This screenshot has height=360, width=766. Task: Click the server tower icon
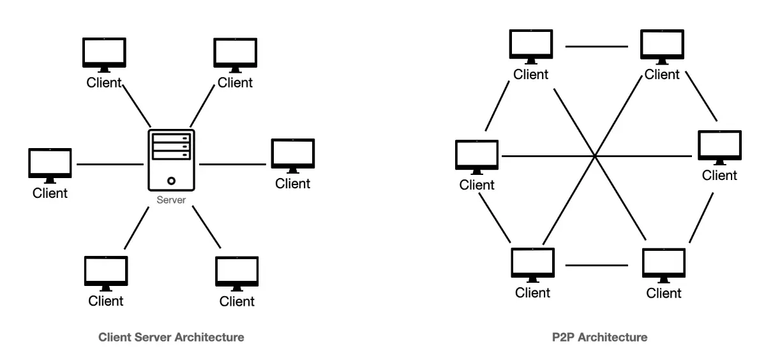(x=171, y=160)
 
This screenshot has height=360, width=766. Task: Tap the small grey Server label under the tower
(x=171, y=200)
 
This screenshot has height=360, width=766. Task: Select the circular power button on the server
(x=171, y=181)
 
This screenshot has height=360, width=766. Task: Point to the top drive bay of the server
(x=171, y=138)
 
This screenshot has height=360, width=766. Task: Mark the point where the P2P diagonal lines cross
(x=594, y=155)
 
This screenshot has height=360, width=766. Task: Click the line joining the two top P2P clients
(x=597, y=47)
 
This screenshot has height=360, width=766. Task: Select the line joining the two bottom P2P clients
(x=597, y=265)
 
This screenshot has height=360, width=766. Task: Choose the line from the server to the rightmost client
(x=233, y=164)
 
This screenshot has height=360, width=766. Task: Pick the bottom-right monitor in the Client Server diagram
(x=237, y=273)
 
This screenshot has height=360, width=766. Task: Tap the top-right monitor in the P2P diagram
(x=662, y=46)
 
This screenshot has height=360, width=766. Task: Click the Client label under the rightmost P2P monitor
(x=719, y=176)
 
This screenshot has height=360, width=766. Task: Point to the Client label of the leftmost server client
(x=50, y=192)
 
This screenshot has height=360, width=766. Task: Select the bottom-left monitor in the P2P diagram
(x=532, y=264)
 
